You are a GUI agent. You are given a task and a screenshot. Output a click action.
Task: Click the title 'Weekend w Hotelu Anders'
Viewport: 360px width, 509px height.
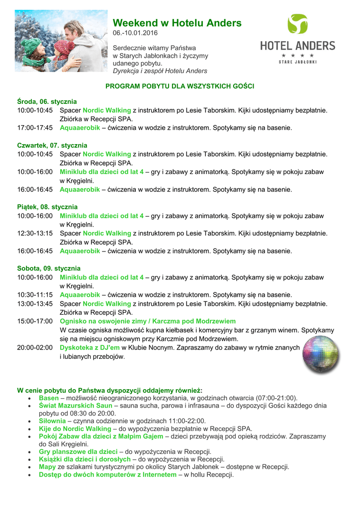pos(177,23)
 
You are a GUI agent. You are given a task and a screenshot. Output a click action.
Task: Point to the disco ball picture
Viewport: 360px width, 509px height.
pos(321,354)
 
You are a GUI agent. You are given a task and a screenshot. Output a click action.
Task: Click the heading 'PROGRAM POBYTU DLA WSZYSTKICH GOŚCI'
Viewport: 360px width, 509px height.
pos(180,86)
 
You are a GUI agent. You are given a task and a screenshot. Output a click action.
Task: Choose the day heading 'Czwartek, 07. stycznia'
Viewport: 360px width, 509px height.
pos(52,145)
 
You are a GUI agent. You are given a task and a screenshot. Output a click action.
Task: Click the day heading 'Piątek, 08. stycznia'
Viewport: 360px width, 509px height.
pos(47,207)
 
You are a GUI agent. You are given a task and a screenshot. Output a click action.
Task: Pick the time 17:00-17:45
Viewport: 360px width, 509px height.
pos(35,128)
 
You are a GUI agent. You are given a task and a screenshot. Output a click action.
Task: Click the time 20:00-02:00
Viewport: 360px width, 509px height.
pos(35,348)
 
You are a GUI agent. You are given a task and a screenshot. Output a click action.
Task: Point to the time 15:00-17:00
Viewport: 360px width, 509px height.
pos(35,321)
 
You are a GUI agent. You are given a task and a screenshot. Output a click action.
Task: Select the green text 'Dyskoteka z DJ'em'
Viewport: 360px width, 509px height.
pos(90,348)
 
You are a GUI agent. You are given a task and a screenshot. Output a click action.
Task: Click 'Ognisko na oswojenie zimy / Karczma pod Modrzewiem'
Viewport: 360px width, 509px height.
pos(148,321)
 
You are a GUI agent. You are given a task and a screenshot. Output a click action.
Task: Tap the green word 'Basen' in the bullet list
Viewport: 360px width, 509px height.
pos(49,398)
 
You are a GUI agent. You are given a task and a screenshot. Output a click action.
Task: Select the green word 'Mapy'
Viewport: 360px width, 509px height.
pos(47,467)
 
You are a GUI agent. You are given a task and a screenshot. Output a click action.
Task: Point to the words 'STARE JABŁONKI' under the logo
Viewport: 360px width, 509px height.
pos(298,62)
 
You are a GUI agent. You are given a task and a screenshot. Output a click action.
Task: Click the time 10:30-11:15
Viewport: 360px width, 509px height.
pos(35,295)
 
